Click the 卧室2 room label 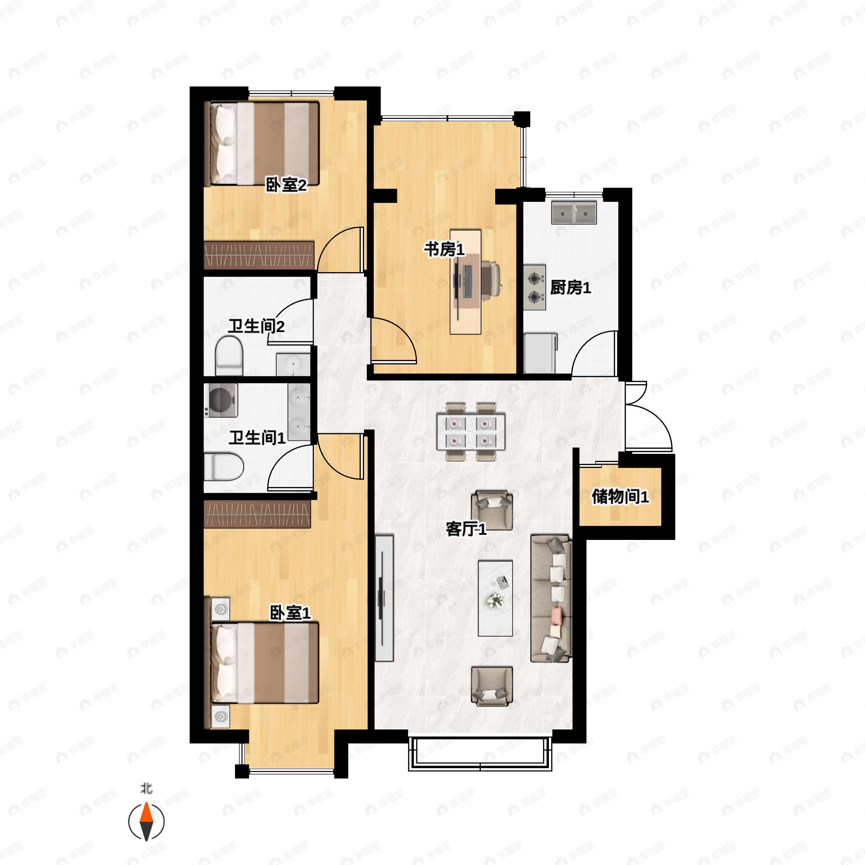(286, 185)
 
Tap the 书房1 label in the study (445, 249)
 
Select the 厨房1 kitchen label (571, 288)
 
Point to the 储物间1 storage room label (620, 496)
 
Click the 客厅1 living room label (466, 529)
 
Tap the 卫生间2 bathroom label (256, 326)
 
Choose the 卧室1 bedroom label (290, 613)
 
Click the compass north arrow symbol (146, 822)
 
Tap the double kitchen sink (574, 213)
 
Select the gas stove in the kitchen (534, 288)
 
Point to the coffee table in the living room (495, 598)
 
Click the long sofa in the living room (551, 598)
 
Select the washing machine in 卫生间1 (220, 400)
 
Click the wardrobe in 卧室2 (259, 255)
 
